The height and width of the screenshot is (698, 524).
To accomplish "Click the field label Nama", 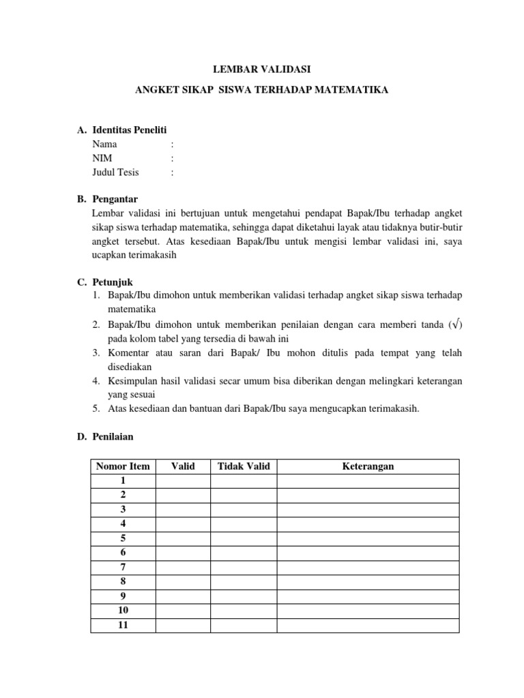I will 104,144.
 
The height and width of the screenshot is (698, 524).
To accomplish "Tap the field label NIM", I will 103,158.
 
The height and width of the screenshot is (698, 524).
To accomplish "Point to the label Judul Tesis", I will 115,172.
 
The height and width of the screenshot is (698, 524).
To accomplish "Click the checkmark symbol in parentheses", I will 456,324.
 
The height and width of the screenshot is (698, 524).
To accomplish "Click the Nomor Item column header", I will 123,466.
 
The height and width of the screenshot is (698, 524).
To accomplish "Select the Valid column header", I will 183,466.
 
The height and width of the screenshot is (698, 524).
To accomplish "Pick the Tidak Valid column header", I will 244,466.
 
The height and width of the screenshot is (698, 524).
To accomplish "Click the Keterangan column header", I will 368,466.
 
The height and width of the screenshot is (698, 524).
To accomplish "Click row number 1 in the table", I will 123,481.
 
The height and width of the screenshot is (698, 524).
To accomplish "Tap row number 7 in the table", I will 123,567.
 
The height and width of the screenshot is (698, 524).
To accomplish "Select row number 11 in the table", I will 123,625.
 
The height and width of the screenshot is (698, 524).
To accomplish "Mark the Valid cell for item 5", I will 183,538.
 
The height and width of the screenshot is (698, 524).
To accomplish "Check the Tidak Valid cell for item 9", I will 244,596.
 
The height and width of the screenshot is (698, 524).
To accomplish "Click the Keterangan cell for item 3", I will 368,510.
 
